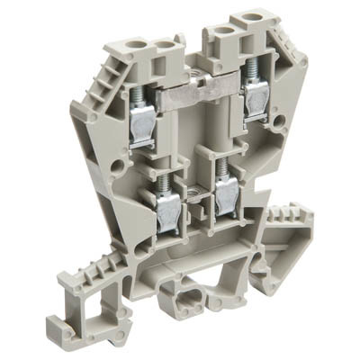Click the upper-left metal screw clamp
pyautogui.click(x=141, y=130)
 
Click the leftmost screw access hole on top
pyautogui.click(x=140, y=42)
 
